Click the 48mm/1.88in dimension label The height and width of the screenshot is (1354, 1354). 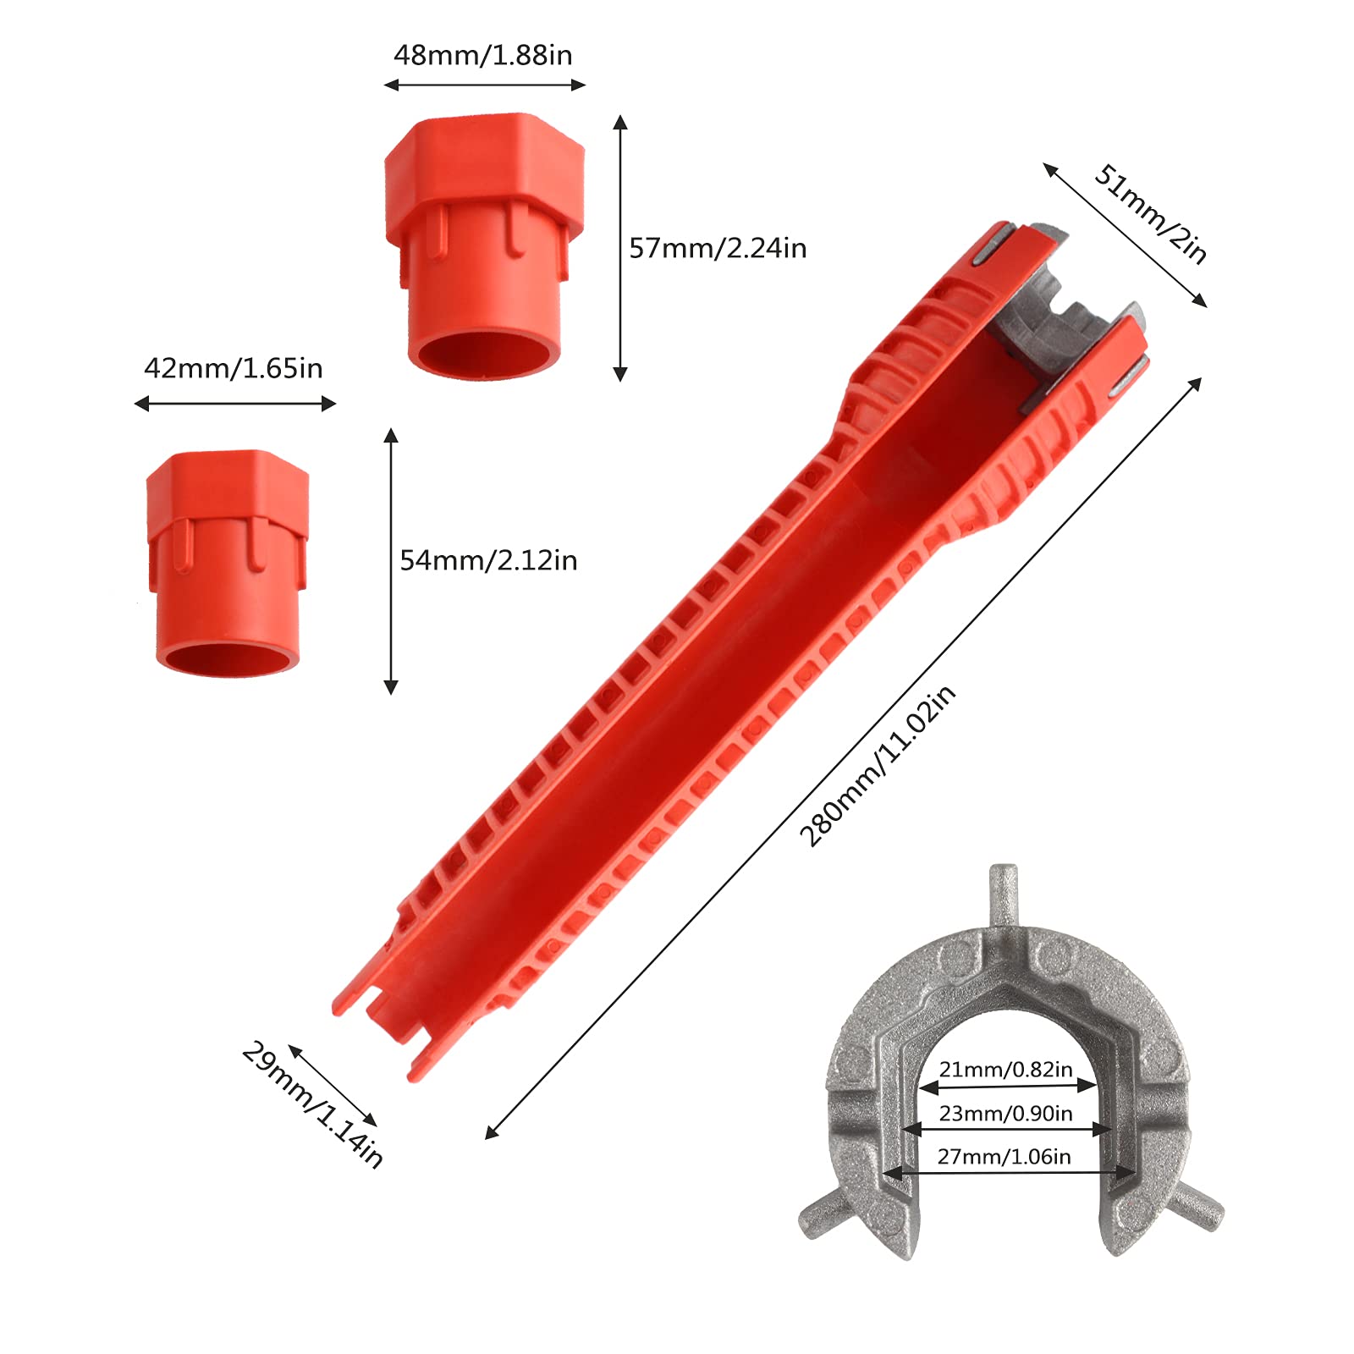(482, 56)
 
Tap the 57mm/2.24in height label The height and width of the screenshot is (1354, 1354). (718, 248)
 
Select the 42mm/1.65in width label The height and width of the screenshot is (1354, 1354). (234, 369)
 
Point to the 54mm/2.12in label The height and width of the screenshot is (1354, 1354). (488, 560)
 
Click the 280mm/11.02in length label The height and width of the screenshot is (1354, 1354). (878, 766)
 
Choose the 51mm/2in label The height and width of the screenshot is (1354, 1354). (1151, 213)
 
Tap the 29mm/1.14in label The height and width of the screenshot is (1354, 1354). (312, 1104)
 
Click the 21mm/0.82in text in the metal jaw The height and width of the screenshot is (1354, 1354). (1005, 1070)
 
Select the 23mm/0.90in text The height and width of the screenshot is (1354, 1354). (1005, 1114)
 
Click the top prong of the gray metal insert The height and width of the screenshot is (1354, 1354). (1004, 893)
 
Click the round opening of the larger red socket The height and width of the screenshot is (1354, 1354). (483, 350)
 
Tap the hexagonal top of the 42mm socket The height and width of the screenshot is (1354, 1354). (228, 491)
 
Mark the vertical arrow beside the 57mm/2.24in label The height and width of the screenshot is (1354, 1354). (620, 248)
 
